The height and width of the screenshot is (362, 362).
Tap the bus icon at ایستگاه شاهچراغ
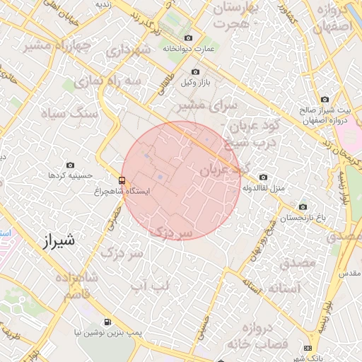tap(123, 180)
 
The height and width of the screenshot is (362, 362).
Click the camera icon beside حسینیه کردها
tap(69, 165)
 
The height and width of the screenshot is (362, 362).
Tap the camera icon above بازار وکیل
tap(196, 71)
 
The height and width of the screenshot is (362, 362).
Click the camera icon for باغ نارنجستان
tap(303, 207)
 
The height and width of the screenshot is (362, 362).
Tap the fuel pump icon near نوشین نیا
tap(107, 321)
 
